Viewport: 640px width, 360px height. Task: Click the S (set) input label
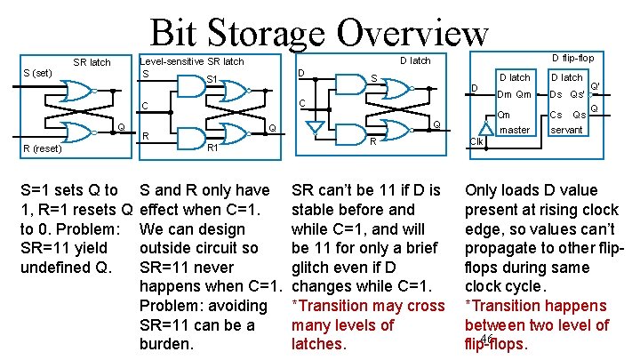click(x=36, y=72)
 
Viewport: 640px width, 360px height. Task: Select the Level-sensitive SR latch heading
click(x=193, y=61)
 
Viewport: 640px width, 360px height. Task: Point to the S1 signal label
click(x=212, y=81)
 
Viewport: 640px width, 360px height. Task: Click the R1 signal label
click(x=212, y=148)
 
